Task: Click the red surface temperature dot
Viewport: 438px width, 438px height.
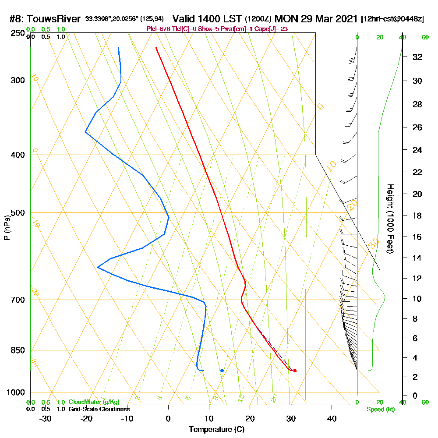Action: coord(295,371)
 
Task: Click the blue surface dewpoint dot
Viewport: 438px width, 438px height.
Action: coord(222,371)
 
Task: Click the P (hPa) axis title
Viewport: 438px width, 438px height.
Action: coord(7,228)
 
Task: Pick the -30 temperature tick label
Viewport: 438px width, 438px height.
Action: coord(45,418)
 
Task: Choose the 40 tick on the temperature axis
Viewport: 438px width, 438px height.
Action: coord(332,418)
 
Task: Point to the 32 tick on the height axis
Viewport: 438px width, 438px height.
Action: coord(417,57)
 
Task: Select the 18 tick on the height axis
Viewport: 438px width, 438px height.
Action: coord(417,215)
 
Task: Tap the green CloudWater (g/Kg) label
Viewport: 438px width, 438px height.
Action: coord(94,402)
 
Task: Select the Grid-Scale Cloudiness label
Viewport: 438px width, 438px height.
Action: coord(99,409)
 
